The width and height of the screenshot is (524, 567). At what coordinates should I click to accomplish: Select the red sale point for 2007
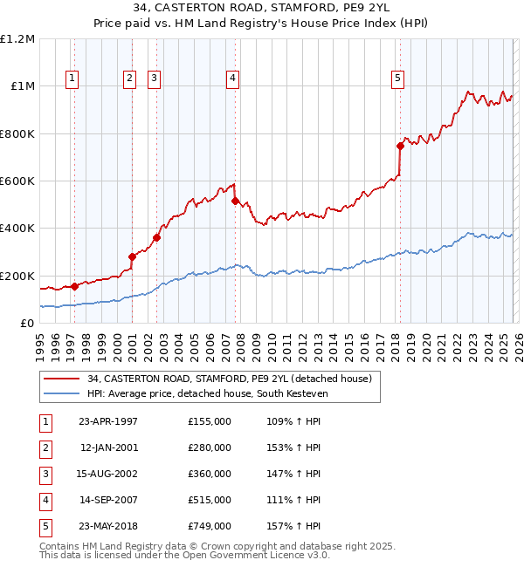[x=235, y=202]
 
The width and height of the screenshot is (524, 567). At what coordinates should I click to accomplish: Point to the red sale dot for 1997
[x=75, y=286]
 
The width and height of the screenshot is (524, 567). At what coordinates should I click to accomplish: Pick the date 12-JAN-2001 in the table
[x=108, y=447]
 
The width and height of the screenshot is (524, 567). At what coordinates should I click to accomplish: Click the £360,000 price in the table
[x=209, y=474]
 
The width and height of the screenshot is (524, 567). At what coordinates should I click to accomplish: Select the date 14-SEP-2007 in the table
[x=108, y=500]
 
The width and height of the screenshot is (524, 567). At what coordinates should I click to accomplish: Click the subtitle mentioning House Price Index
[x=262, y=25]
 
